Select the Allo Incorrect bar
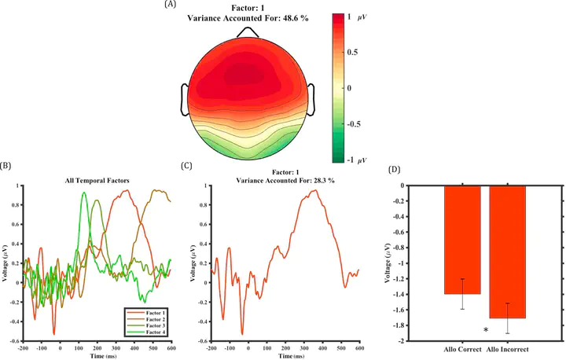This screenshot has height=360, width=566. pyautogui.click(x=509, y=252)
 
